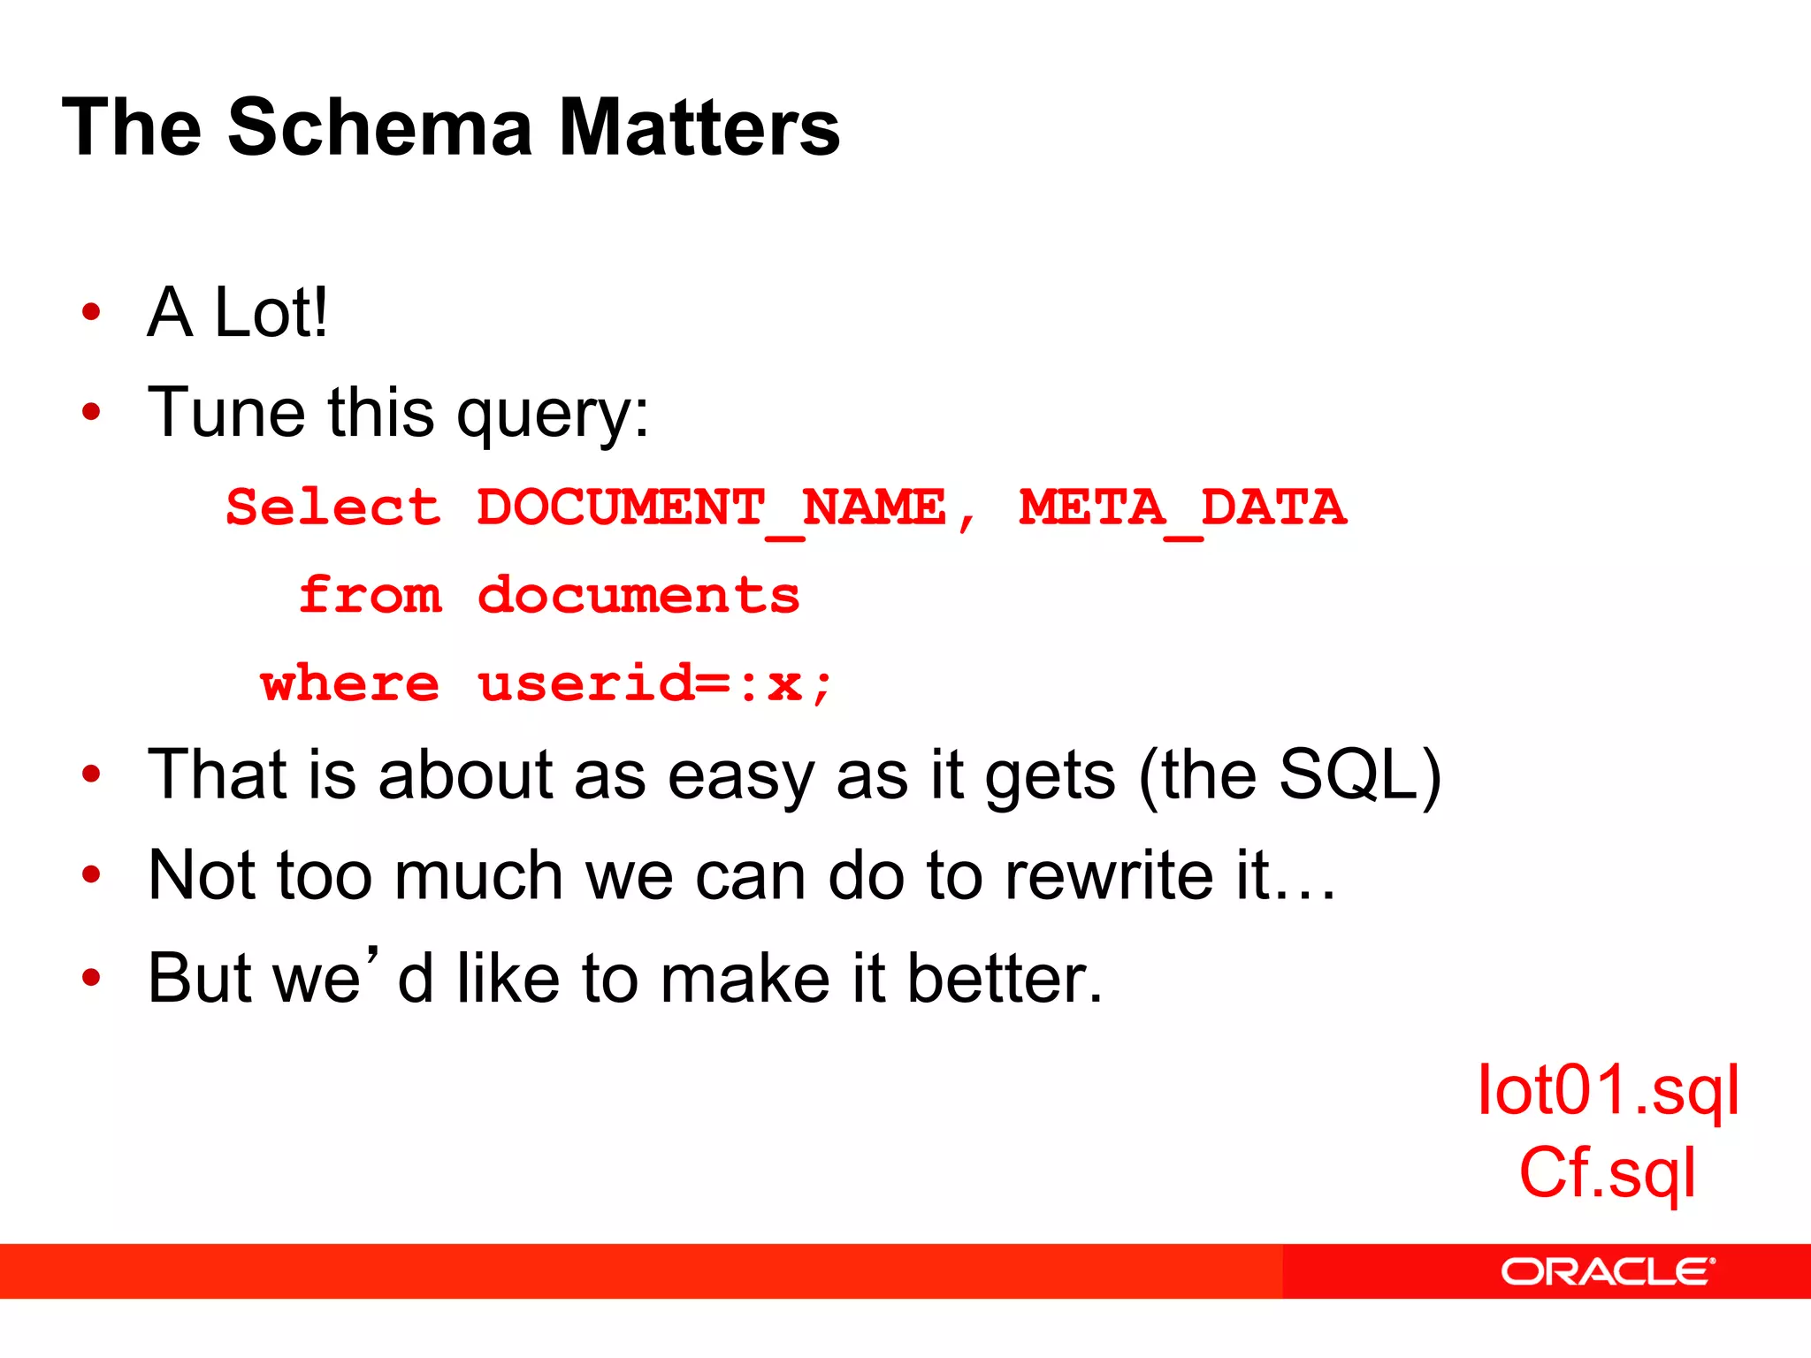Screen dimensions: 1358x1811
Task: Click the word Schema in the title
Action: [380, 128]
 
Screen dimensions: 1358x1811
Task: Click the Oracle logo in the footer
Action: [1607, 1271]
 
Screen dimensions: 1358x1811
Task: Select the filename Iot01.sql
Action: [1608, 1091]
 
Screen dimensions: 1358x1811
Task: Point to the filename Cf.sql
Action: [1608, 1173]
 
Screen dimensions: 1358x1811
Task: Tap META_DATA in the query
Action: [1182, 508]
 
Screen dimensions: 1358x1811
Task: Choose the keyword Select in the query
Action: [333, 508]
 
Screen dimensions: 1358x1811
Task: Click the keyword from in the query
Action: [371, 595]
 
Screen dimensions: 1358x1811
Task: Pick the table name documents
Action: [638, 595]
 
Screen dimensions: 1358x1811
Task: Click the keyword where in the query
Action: [350, 683]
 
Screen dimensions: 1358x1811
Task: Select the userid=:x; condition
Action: [654, 683]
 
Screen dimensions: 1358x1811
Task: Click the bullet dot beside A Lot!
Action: [91, 312]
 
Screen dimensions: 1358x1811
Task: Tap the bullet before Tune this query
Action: [91, 412]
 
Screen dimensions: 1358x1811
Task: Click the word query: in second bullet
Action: [553, 414]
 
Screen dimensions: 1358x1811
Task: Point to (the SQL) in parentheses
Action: [1289, 775]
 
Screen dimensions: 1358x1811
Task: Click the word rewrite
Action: [1109, 875]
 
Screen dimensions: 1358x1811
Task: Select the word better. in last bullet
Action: [1005, 978]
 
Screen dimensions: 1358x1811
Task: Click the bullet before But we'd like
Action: [91, 978]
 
